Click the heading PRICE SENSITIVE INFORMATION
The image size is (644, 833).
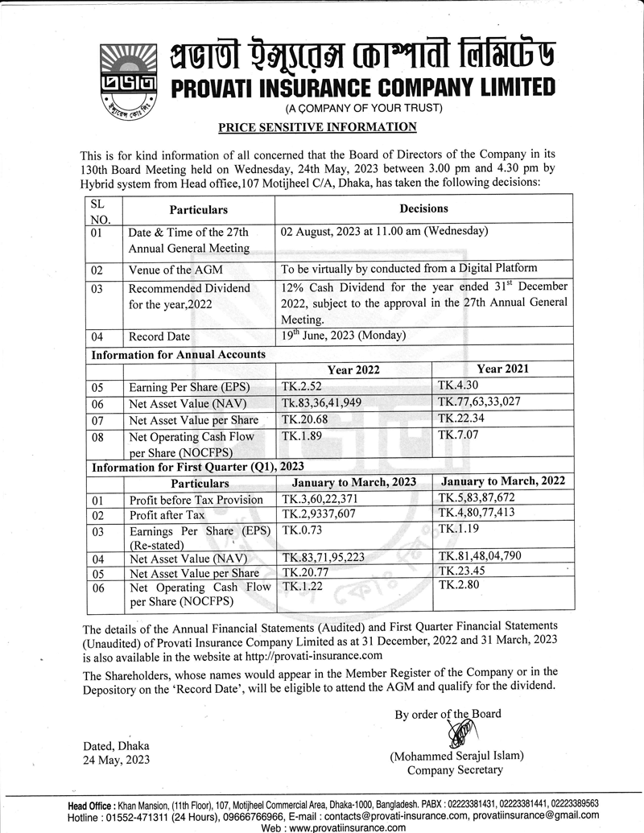click(x=318, y=127)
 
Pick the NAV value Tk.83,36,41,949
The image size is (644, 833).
click(x=332, y=402)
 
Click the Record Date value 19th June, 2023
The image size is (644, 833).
click(x=344, y=336)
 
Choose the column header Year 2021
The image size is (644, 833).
click(x=502, y=369)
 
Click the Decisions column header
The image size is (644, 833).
click(x=423, y=208)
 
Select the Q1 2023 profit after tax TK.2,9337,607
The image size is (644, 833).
click(x=335, y=515)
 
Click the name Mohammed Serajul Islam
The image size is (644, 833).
click(x=456, y=756)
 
